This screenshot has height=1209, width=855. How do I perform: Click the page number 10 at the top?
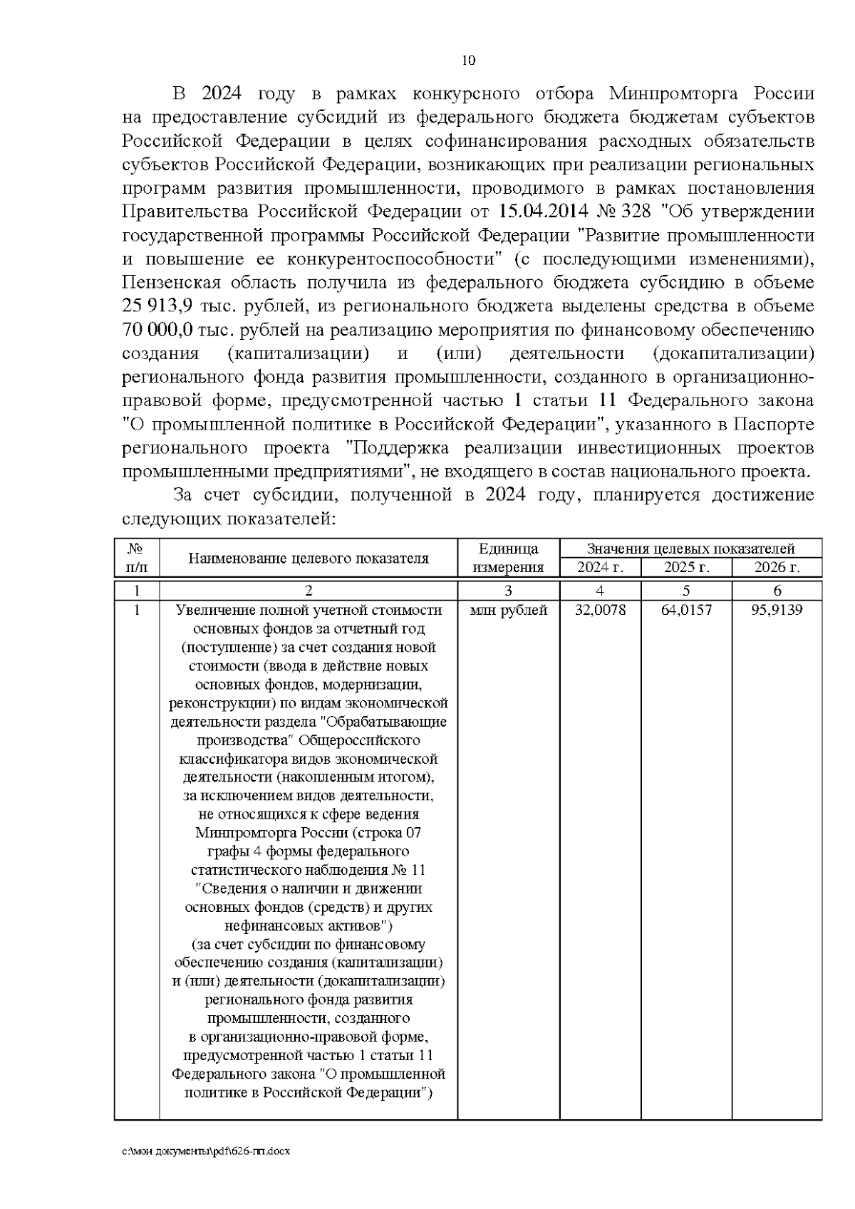click(468, 60)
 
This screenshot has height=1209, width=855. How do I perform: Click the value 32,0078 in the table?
click(600, 611)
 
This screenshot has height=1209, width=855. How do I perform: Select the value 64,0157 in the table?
click(686, 611)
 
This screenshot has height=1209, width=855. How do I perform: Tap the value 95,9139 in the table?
click(777, 611)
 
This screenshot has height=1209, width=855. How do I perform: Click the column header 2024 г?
click(600, 568)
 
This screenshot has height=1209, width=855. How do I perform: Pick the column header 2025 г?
click(686, 568)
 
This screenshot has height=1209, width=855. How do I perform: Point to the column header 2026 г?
click(777, 568)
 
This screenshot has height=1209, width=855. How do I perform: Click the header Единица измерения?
click(508, 558)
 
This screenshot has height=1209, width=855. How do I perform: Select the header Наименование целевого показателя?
click(308, 558)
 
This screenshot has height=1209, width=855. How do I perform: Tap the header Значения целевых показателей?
click(690, 549)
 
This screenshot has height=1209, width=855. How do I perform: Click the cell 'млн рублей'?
click(508, 611)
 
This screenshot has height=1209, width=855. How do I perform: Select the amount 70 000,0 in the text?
click(159, 330)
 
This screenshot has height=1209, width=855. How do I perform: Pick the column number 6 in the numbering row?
click(777, 591)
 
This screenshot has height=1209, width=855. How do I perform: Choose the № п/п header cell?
click(136, 558)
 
